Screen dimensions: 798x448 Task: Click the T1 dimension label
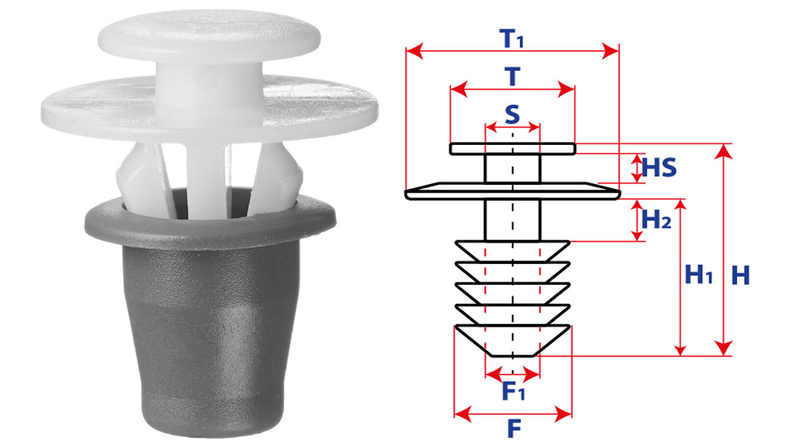[512, 38]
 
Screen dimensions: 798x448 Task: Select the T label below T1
[512, 77]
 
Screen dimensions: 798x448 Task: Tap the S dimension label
[512, 115]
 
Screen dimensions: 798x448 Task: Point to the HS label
[659, 167]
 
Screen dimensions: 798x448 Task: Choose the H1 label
[699, 275]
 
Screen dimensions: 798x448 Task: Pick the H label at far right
[741, 275]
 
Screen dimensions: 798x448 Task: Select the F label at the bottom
[514, 429]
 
